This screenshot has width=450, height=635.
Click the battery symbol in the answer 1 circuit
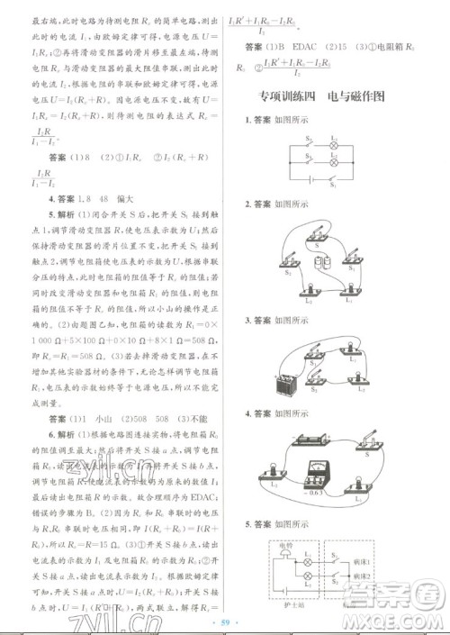(x=311, y=188)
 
